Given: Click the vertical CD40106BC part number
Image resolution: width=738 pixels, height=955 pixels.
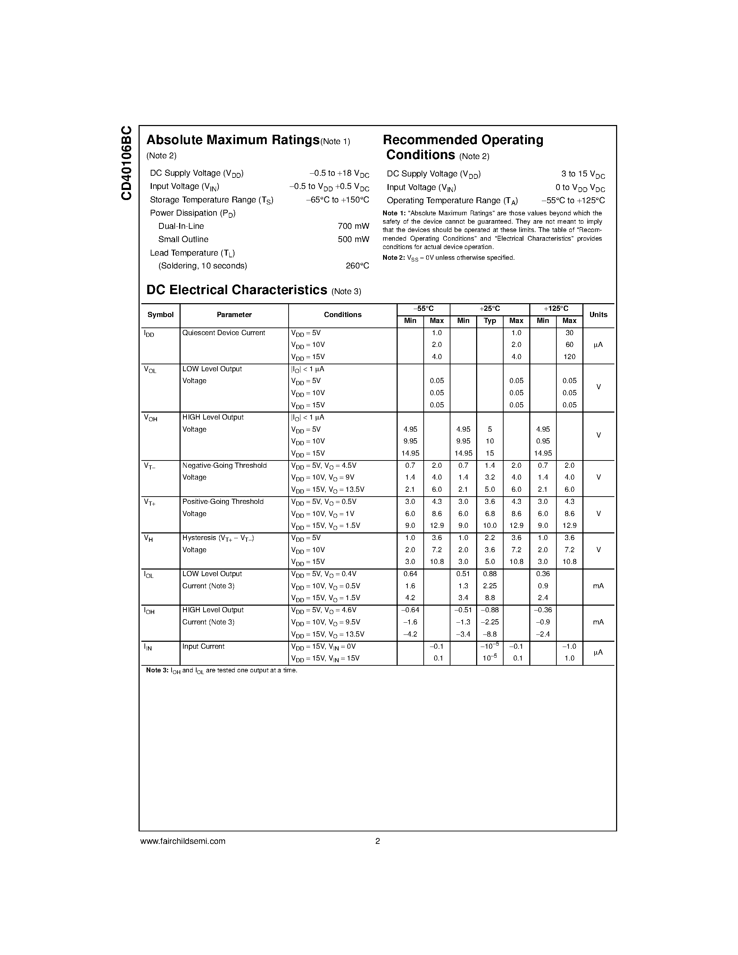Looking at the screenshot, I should point(126,163).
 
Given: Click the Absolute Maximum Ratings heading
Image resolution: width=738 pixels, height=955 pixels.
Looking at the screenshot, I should point(233,140).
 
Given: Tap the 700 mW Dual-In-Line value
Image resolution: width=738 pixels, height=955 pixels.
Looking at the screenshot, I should point(353,226).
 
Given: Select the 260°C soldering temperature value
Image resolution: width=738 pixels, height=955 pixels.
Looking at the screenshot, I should point(357,266).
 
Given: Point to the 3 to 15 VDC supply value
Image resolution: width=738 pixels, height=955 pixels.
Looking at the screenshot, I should point(583,174).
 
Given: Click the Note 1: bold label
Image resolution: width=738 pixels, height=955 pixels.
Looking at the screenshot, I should point(394,213).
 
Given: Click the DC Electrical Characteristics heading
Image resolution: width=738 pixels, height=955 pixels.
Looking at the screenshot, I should point(237,290).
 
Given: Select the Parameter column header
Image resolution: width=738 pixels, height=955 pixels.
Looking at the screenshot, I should point(234,315).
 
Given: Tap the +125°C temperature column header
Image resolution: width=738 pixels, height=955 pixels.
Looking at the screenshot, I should point(556,309).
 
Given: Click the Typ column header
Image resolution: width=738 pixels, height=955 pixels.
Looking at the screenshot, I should point(490,321).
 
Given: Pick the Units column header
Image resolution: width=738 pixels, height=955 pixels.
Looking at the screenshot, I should point(598,315).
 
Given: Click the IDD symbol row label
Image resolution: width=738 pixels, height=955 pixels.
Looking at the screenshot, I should point(149,334).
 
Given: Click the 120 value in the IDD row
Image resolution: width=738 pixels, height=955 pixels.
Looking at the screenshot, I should point(569,357).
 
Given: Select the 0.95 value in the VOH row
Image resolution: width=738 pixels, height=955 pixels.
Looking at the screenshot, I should point(542,441).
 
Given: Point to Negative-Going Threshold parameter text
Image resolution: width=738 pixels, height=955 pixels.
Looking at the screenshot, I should point(224,465).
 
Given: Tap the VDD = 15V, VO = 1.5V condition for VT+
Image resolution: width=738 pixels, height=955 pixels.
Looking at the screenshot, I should point(325,526).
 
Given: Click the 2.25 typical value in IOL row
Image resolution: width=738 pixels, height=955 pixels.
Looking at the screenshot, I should point(490,586).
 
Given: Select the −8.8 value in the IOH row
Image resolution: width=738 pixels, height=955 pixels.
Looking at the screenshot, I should point(490,634).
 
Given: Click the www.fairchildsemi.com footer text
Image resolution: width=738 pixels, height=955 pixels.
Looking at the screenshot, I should point(183,841).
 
